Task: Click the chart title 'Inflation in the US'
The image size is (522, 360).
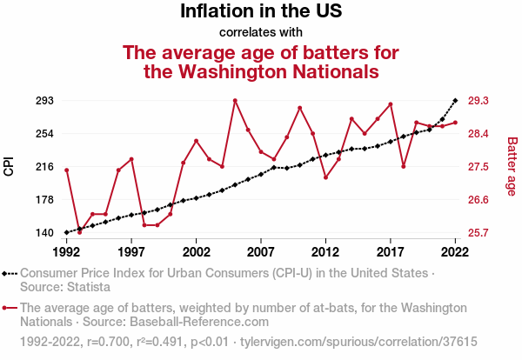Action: tap(261, 12)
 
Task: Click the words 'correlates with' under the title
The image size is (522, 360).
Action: tap(261, 33)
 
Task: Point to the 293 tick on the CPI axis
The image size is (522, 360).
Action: tap(43, 101)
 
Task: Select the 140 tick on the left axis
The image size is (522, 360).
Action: tap(43, 233)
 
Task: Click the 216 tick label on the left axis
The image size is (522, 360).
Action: tap(43, 167)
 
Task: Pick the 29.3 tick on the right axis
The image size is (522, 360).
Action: tap(479, 101)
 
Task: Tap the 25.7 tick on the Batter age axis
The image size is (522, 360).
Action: tap(479, 233)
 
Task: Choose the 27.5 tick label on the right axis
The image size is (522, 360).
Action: tap(479, 167)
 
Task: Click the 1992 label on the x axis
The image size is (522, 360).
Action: tap(66, 251)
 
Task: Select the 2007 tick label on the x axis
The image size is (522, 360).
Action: tap(261, 251)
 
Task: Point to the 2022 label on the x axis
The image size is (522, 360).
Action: tap(455, 251)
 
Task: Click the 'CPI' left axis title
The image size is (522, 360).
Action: tap(10, 166)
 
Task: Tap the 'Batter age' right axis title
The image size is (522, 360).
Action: tap(512, 166)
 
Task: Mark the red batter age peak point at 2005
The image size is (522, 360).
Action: tap(235, 101)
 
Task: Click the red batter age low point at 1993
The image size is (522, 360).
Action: tap(79, 232)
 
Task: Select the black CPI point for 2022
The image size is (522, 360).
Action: tap(455, 101)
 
